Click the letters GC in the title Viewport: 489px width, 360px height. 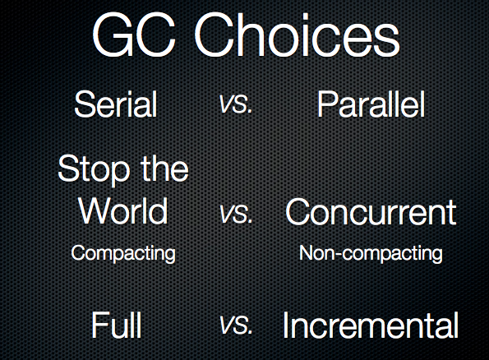pyautogui.click(x=133, y=35)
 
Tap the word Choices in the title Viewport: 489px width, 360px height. pyautogui.click(x=297, y=35)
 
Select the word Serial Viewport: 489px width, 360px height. pyautogui.click(x=116, y=104)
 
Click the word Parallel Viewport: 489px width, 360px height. pyautogui.click(x=371, y=104)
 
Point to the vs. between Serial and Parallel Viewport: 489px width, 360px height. pyautogui.click(x=236, y=104)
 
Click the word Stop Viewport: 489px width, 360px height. pyautogui.click(x=94, y=168)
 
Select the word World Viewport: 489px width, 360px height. pyautogui.click(x=123, y=210)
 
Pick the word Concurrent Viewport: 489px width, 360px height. pyautogui.click(x=371, y=211)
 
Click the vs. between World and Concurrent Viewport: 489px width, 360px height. pyautogui.click(x=236, y=214)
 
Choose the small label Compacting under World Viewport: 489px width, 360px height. pyautogui.click(x=123, y=253)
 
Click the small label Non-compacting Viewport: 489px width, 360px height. pyautogui.click(x=371, y=253)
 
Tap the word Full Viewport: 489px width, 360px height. pyautogui.click(x=117, y=325)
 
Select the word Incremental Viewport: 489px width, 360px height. pyautogui.click(x=371, y=325)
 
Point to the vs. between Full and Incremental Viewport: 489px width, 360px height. pyautogui.click(x=236, y=325)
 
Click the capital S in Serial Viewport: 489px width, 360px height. pyautogui.click(x=84, y=104)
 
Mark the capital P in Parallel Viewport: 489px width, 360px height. pyautogui.click(x=327, y=104)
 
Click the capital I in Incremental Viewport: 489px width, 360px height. pyautogui.click(x=284, y=325)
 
